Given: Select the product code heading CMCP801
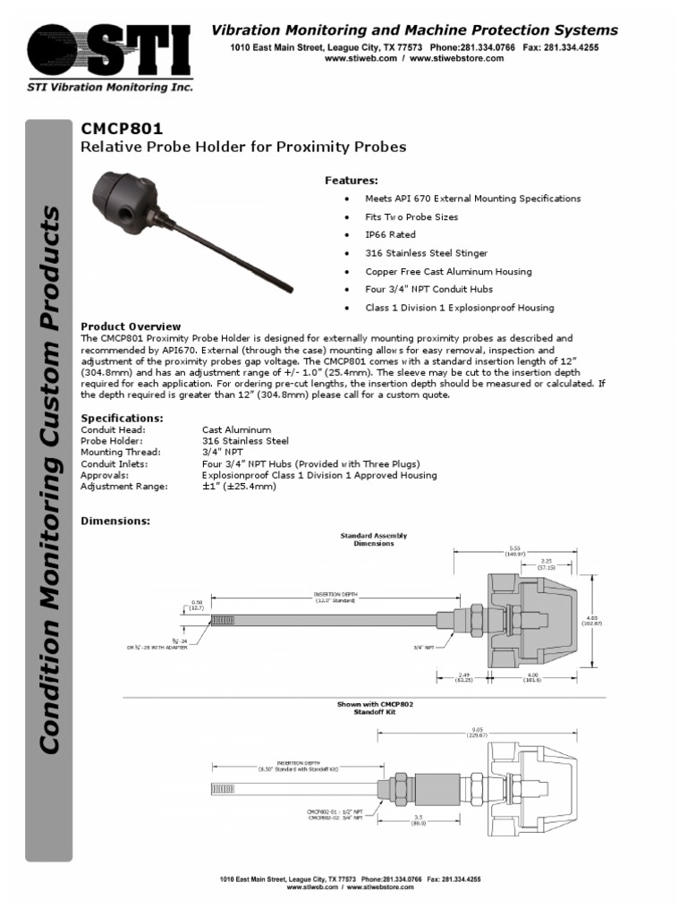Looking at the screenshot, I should tap(123, 129).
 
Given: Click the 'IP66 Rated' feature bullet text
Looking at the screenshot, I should tap(390, 234).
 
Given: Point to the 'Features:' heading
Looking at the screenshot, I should tap(351, 181).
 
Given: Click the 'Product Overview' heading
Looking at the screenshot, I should tap(131, 327).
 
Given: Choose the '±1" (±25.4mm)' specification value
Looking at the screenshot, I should tap(239, 487).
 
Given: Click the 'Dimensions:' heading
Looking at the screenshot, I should tap(115, 521).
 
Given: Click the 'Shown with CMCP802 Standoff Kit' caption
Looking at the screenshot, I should tap(375, 708).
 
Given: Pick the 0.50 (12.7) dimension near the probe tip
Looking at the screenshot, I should tap(198, 606).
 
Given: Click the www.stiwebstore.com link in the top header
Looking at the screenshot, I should tap(459, 58).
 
